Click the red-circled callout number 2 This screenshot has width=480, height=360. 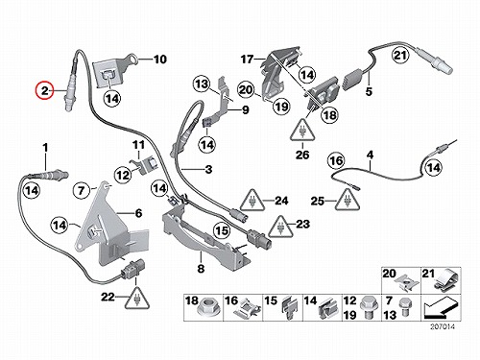click(44, 91)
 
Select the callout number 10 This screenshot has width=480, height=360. click(160, 60)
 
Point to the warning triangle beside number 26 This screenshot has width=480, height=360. click(302, 131)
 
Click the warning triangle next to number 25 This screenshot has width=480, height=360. click(348, 200)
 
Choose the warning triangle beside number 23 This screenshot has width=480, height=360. click(280, 227)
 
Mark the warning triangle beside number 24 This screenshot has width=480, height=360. click(252, 201)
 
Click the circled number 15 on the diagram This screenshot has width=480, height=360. click(222, 230)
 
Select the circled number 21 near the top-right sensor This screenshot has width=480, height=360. click(401, 56)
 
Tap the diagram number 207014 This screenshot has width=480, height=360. click(442, 326)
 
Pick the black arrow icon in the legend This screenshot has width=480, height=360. click(440, 308)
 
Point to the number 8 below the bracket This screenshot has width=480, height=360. click(201, 268)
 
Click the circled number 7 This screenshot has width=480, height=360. click(82, 191)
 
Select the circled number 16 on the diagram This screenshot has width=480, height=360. click(336, 160)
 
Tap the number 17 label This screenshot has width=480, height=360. click(247, 60)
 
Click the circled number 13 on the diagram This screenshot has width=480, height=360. click(202, 84)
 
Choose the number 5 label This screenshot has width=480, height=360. click(369, 91)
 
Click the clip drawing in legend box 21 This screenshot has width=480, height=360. click(447, 281)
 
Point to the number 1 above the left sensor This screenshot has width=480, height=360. click(45, 148)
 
